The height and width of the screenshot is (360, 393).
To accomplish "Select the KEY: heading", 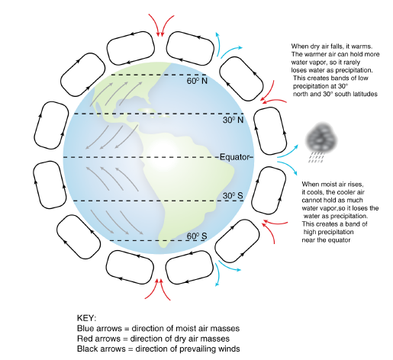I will [86, 317].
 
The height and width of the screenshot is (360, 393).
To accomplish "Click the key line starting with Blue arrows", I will [152, 327].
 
